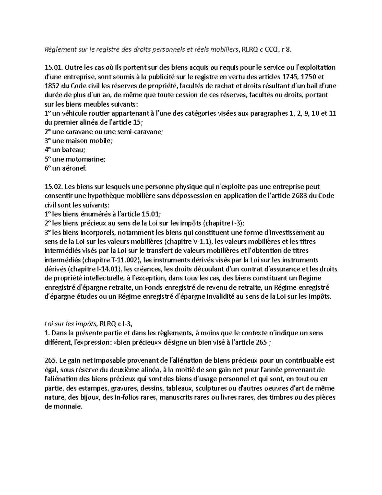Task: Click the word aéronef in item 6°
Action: point(74,169)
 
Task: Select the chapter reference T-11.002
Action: point(125,260)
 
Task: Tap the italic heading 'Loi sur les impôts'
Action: point(70,324)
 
